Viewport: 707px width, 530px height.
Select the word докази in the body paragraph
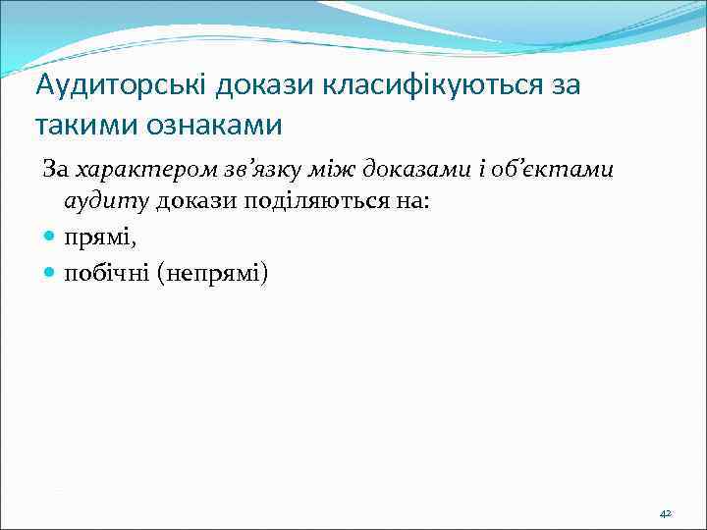(190, 202)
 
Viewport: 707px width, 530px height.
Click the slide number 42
(665, 513)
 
